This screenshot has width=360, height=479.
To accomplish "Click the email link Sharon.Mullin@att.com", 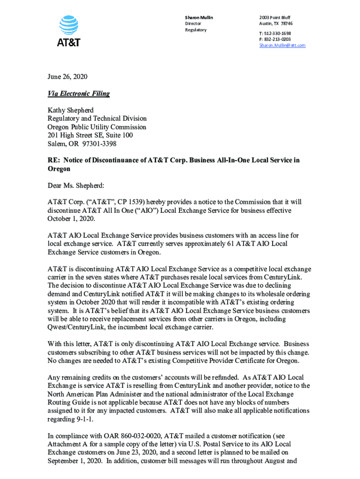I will point(282,45).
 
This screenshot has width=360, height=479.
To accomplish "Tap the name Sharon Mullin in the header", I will point(199,17).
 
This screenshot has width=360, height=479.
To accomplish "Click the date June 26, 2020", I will point(67,77).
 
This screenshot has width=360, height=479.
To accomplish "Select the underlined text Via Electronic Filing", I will point(79,94).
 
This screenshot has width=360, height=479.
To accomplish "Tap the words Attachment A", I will point(67,444).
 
